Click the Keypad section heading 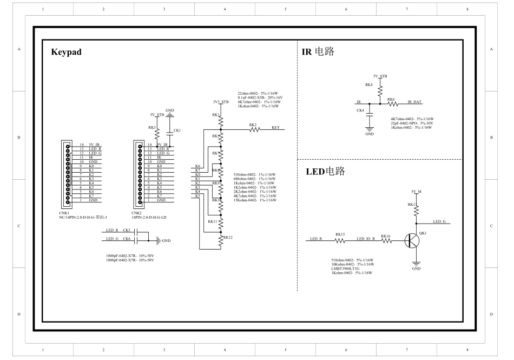click(x=66, y=53)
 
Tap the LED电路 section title click(x=325, y=172)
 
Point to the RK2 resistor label click(x=253, y=125)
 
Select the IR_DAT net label click(x=414, y=102)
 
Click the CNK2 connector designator click(x=136, y=213)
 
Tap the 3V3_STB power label click(x=221, y=101)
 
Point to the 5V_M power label click(x=416, y=192)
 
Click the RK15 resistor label click(x=340, y=235)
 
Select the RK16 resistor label click(x=385, y=236)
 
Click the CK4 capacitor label click(x=360, y=110)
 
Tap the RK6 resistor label click(x=391, y=100)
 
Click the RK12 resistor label click(x=227, y=237)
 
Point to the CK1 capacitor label click(x=177, y=131)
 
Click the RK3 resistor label click(x=152, y=128)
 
